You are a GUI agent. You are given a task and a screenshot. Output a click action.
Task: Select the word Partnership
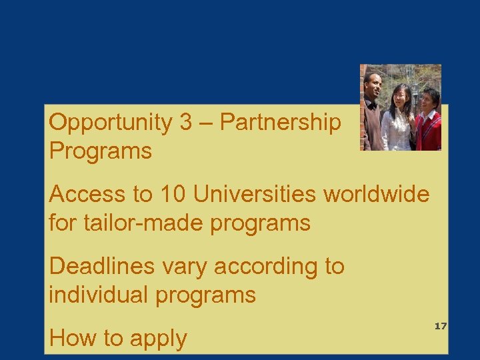[x=280, y=123]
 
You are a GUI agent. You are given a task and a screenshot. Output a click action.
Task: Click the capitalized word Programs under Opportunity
[x=101, y=151]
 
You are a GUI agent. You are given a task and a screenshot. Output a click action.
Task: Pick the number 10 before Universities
[x=172, y=195]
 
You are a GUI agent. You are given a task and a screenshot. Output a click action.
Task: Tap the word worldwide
[x=377, y=195]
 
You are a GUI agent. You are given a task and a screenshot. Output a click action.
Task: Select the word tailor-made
[x=141, y=223]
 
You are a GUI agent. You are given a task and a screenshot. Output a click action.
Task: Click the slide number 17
[x=440, y=326]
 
